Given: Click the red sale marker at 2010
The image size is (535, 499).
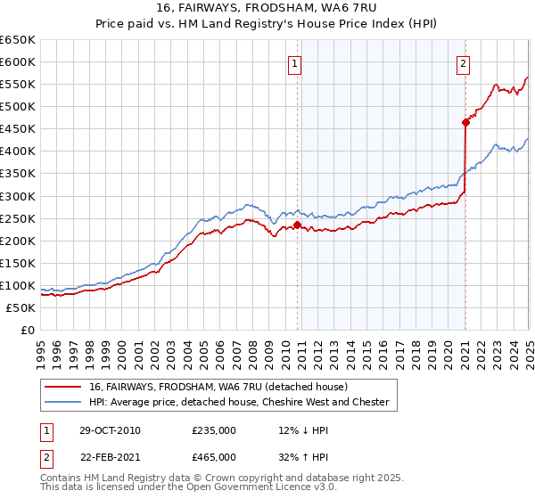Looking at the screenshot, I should [x=298, y=225].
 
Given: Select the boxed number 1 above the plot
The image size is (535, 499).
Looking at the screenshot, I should [x=294, y=63].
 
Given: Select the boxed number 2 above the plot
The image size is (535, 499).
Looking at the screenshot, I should [x=464, y=63].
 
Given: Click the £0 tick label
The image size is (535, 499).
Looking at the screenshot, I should [x=28, y=330].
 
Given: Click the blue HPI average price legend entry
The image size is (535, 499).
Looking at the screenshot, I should [x=239, y=402].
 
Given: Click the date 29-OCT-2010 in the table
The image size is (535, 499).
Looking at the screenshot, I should [x=110, y=430].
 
